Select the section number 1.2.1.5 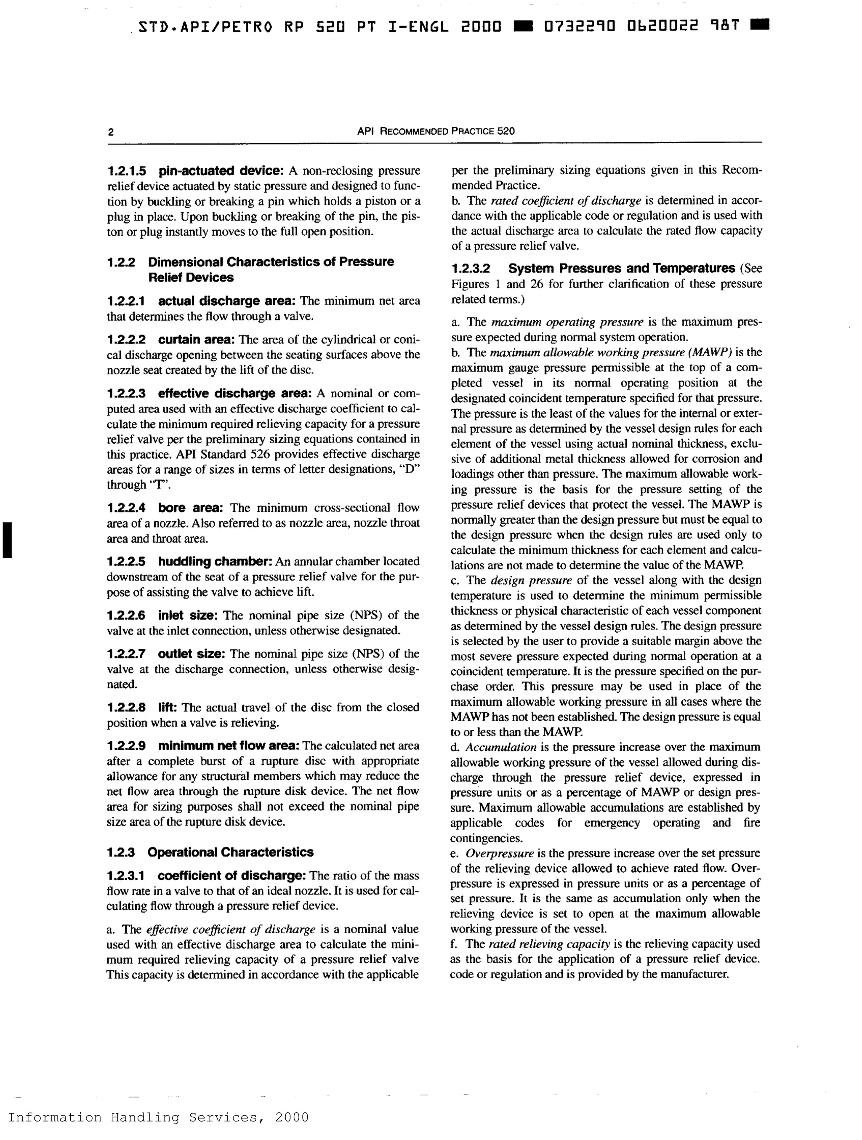[127, 170]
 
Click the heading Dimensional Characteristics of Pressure [271, 262]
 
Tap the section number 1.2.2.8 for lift [127, 707]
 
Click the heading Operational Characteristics [230, 852]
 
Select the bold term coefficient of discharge [232, 876]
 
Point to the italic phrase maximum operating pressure [567, 322]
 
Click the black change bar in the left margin [7, 540]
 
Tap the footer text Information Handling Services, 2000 [158, 1117]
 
